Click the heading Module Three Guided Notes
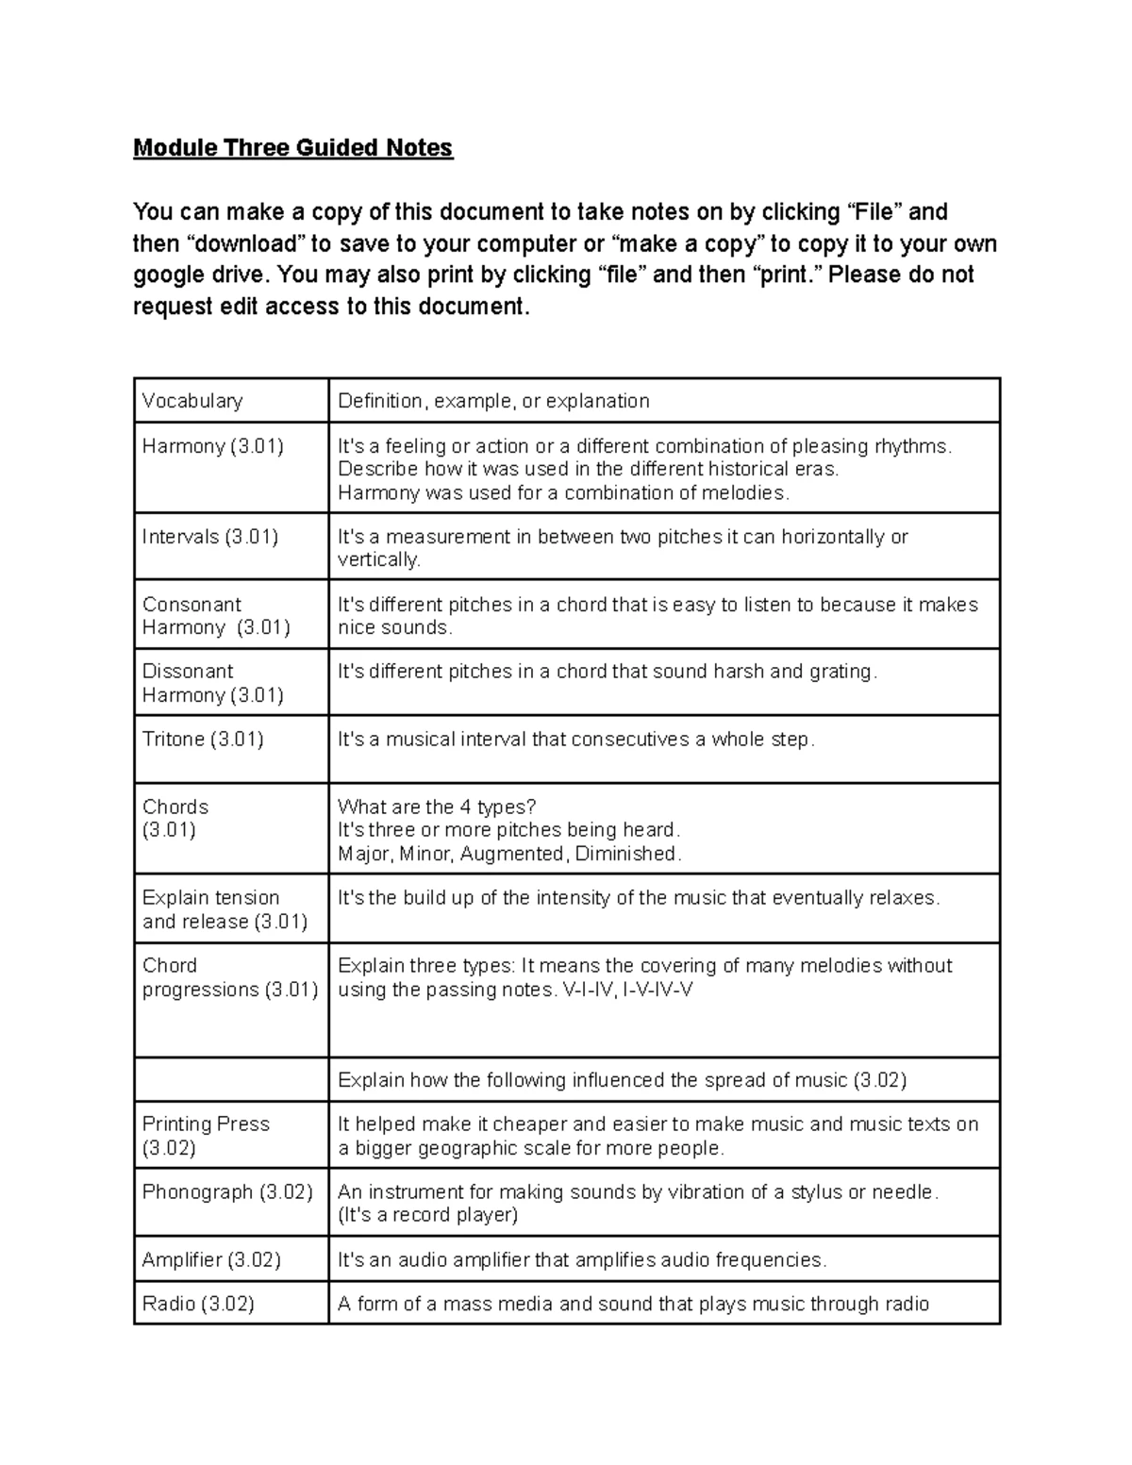click(292, 148)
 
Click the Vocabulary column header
click(192, 401)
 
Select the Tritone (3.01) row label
click(203, 740)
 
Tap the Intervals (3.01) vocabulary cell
click(209, 537)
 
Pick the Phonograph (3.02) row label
click(227, 1192)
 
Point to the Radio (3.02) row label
click(198, 1305)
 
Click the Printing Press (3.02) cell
click(206, 1136)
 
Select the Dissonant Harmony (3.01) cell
click(212, 683)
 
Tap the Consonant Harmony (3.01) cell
click(215, 616)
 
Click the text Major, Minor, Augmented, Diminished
click(508, 854)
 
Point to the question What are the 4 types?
click(437, 807)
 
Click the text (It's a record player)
click(427, 1215)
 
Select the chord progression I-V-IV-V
click(658, 990)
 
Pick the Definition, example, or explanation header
click(493, 401)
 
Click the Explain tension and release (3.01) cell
click(225, 909)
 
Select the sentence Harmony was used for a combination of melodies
click(563, 492)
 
